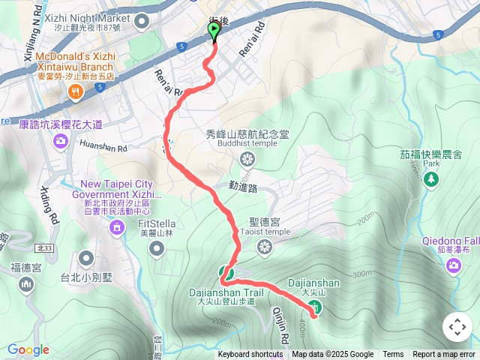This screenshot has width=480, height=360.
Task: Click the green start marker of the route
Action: [214, 31]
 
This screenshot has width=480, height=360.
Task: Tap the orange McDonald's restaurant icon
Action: [75, 91]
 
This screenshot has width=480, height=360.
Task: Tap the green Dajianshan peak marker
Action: [316, 306]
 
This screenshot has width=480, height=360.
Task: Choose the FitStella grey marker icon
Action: [156, 247]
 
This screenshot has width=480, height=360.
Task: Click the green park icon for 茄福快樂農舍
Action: [430, 179]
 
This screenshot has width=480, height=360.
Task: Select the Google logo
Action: [28, 349]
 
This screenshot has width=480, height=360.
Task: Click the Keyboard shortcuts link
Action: [250, 355]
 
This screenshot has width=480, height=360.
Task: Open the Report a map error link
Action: [444, 355]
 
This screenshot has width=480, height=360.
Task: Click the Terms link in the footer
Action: [393, 355]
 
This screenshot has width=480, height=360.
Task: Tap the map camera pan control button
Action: [457, 327]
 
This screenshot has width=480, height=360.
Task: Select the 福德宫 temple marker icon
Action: [27, 283]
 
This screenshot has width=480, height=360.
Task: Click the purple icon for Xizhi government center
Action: [116, 226]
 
